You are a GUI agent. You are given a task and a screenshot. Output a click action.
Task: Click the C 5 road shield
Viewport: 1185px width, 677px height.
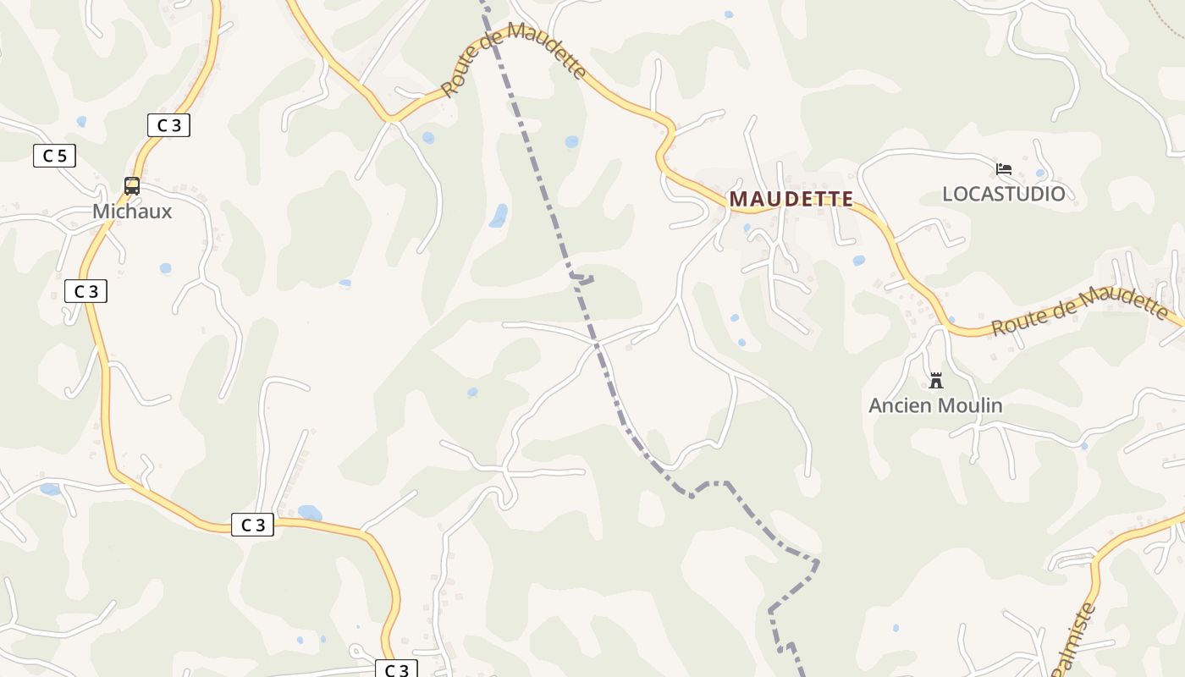tap(55, 156)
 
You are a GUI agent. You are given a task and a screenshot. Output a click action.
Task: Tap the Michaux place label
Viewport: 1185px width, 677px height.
tap(132, 212)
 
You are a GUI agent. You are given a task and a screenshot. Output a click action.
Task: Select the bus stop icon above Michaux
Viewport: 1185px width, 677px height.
tap(132, 185)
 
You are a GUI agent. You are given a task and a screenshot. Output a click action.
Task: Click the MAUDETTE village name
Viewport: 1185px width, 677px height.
tap(791, 199)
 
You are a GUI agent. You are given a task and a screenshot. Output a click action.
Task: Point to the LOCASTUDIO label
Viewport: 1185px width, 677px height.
tap(1004, 194)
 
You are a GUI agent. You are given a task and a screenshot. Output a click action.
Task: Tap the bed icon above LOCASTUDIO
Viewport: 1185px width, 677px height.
tap(1004, 169)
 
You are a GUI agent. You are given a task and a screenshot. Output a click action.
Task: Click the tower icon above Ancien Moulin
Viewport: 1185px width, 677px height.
tap(936, 381)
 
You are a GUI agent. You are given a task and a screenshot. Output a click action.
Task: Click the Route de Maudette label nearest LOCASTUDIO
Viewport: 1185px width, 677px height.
tap(1080, 311)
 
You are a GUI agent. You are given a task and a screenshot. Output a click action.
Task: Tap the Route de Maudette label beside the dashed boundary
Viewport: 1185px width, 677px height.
tap(514, 60)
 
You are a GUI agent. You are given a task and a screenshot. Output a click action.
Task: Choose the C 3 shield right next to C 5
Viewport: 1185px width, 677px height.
tap(168, 125)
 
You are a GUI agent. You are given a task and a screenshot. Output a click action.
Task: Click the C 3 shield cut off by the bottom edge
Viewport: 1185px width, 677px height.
tap(396, 669)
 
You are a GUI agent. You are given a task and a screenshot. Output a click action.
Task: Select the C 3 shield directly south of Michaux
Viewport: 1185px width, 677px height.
tap(85, 291)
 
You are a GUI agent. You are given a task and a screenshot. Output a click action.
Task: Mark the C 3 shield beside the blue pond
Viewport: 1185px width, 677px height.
tap(253, 525)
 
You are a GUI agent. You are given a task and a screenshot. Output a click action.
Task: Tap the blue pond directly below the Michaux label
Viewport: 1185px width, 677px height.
tap(165, 268)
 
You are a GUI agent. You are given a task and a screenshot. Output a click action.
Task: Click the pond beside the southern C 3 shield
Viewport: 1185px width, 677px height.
tap(310, 513)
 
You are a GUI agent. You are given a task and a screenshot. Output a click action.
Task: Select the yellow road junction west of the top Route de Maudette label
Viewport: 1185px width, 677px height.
tap(391, 119)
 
